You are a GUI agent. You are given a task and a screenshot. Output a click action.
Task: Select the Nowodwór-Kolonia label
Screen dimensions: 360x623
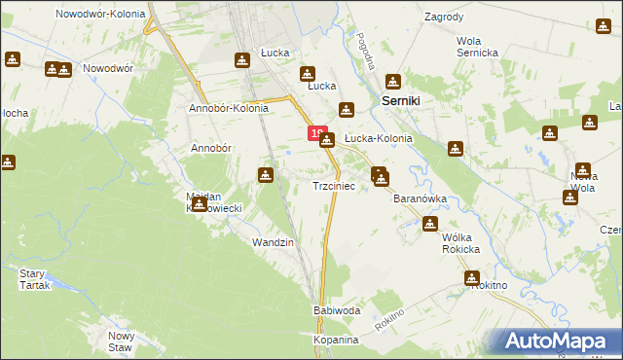(x=100, y=15)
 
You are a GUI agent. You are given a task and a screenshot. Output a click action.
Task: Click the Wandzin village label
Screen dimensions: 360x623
(x=273, y=241)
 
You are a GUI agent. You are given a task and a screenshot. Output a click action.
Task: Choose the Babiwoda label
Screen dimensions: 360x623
(x=337, y=310)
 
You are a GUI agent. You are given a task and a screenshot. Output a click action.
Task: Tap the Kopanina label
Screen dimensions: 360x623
(x=337, y=341)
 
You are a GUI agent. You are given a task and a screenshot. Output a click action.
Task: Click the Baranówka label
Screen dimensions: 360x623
(x=420, y=198)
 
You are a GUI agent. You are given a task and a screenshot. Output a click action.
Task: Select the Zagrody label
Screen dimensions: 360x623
(x=444, y=18)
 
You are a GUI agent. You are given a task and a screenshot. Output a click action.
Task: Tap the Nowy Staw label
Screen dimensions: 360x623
(x=120, y=341)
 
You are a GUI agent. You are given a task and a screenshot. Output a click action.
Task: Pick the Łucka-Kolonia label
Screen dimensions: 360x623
(x=379, y=139)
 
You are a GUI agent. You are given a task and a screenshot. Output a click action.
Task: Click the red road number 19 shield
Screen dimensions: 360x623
(x=315, y=133)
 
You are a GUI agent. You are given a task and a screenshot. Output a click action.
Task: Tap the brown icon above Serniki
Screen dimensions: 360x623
(x=393, y=83)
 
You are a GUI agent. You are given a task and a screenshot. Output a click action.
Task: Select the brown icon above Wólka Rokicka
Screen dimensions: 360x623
(x=430, y=225)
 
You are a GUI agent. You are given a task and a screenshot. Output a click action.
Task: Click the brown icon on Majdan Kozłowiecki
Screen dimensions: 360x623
(x=199, y=203)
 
